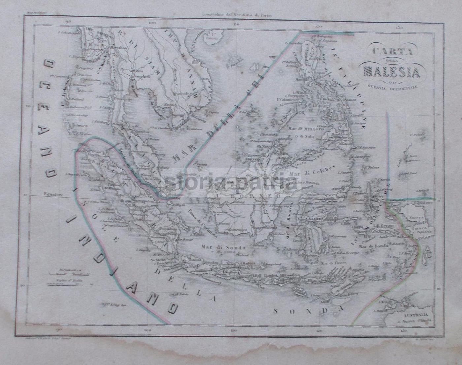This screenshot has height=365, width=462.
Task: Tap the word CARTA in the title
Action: pos(391,52)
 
